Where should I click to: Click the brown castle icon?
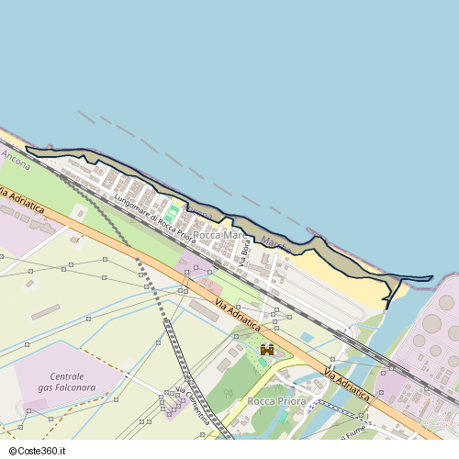point(267,350)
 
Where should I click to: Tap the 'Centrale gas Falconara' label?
point(67,382)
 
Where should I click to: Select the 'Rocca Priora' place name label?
point(276,402)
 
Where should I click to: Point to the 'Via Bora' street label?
point(244,251)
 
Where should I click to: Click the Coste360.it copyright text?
point(42,452)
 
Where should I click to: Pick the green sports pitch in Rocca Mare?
point(171,213)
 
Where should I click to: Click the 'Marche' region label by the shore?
point(275,244)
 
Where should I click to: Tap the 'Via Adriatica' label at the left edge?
point(20,201)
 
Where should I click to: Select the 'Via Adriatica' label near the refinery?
point(347,383)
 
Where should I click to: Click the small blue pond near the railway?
point(307,338)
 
